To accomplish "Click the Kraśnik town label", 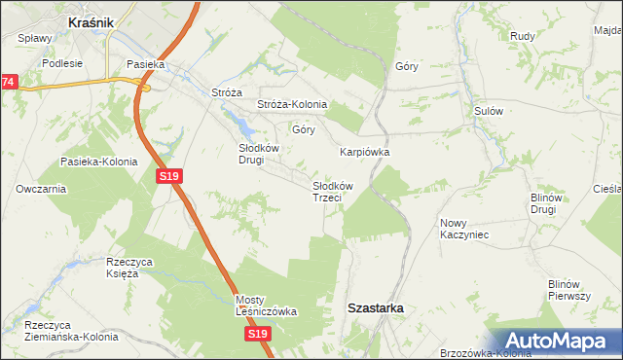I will (x=92, y=20).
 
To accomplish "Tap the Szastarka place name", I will (x=376, y=307).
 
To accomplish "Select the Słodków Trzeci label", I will (x=332, y=191).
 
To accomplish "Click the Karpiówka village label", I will (x=365, y=152).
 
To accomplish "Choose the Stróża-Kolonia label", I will (x=292, y=104).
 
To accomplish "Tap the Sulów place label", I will (x=488, y=111).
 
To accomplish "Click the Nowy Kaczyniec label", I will (x=463, y=229).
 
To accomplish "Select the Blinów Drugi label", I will (x=543, y=203).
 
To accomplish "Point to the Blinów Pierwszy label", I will (x=569, y=289).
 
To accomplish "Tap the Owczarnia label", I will (x=41, y=189).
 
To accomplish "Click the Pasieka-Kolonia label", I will (x=98, y=162).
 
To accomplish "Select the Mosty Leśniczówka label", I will (x=266, y=306).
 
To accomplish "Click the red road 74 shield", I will (x=8, y=83).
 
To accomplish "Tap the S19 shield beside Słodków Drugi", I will (x=168, y=175).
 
